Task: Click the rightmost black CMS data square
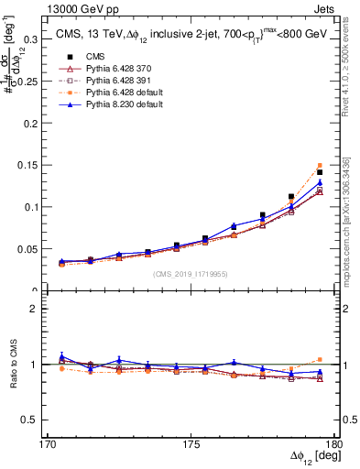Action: coord(320,172)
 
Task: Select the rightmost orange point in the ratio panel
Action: coord(320,360)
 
